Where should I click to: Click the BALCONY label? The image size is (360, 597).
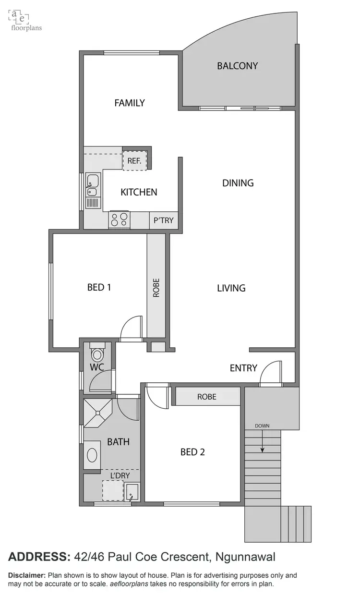tap(237, 66)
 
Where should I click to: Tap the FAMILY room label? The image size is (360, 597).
tap(130, 103)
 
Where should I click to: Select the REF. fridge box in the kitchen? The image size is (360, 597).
tap(134, 161)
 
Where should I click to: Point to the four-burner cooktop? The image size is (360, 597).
tap(120, 220)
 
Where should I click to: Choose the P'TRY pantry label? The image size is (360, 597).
tap(163, 221)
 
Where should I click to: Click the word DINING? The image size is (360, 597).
tap(238, 183)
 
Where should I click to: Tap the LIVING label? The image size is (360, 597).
tap(231, 288)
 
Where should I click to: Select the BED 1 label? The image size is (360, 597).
tap(99, 287)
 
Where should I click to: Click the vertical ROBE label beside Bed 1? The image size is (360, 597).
tap(156, 288)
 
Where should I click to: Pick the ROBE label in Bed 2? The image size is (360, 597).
tap(206, 397)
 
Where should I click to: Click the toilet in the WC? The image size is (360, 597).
tap(97, 353)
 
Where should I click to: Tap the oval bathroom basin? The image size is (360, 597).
tap(92, 455)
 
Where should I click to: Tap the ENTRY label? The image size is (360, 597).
tap(243, 368)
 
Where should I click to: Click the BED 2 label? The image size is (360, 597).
tap(192, 452)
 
